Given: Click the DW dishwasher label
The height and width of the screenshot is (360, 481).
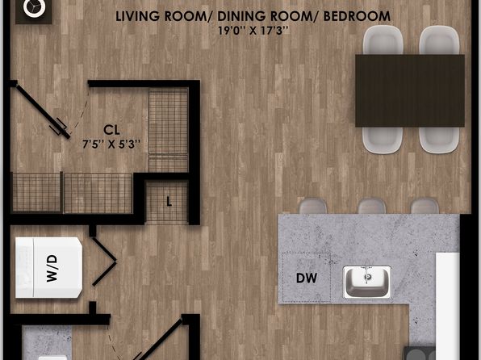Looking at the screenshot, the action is point(307,278).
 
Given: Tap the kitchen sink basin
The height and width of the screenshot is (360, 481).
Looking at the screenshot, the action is point(367,283).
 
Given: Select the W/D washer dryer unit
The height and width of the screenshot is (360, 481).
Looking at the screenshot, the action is point(48,268).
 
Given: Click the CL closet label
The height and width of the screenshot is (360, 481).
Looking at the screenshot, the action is point(111,130).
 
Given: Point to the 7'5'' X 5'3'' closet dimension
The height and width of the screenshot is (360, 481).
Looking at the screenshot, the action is point(111,144).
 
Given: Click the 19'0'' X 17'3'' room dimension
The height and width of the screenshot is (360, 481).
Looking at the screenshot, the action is point(253,31).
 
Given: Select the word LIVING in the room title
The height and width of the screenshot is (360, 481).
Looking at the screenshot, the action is point(137,16).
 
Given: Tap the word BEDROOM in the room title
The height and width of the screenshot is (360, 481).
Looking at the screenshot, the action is point(357,16).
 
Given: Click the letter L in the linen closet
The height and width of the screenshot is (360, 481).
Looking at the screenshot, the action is point(169,202).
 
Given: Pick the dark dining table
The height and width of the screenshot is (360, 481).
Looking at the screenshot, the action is point(410,90).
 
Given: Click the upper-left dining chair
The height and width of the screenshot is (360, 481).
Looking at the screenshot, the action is point(383,40).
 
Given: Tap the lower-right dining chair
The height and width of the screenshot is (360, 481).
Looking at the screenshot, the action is point(439,140).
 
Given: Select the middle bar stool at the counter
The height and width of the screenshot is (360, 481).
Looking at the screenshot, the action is point(371,207).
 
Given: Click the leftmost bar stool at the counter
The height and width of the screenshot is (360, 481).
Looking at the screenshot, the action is point(313,207).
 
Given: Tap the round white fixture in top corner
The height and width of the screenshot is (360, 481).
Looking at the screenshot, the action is point(35,8).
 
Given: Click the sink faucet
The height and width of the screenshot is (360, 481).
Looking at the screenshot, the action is point(367,273).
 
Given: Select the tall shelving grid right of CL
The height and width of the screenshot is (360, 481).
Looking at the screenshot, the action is point(169,130).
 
